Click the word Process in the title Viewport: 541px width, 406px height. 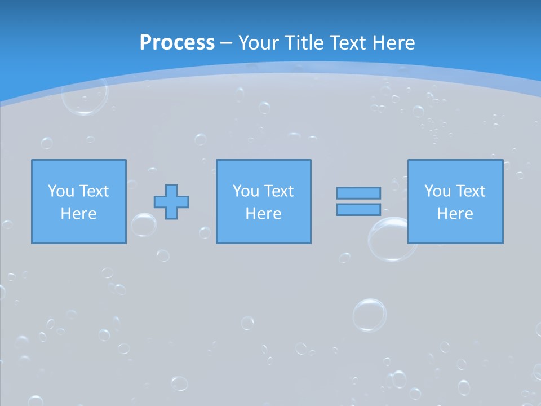(177, 42)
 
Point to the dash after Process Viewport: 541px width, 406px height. (226, 43)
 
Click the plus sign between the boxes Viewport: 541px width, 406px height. (171, 201)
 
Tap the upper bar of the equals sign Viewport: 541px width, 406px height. (358, 193)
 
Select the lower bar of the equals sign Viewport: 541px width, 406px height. (358, 209)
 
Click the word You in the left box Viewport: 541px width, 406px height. (61, 191)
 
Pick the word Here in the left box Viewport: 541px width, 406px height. (79, 214)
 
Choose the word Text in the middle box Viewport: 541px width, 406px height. (278, 191)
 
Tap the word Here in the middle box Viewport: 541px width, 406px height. (264, 214)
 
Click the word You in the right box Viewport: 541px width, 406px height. (437, 191)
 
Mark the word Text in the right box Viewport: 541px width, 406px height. (470, 191)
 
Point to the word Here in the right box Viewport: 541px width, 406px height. (455, 214)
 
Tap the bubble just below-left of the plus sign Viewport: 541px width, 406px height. (144, 224)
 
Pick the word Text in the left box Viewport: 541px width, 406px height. (94, 191)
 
